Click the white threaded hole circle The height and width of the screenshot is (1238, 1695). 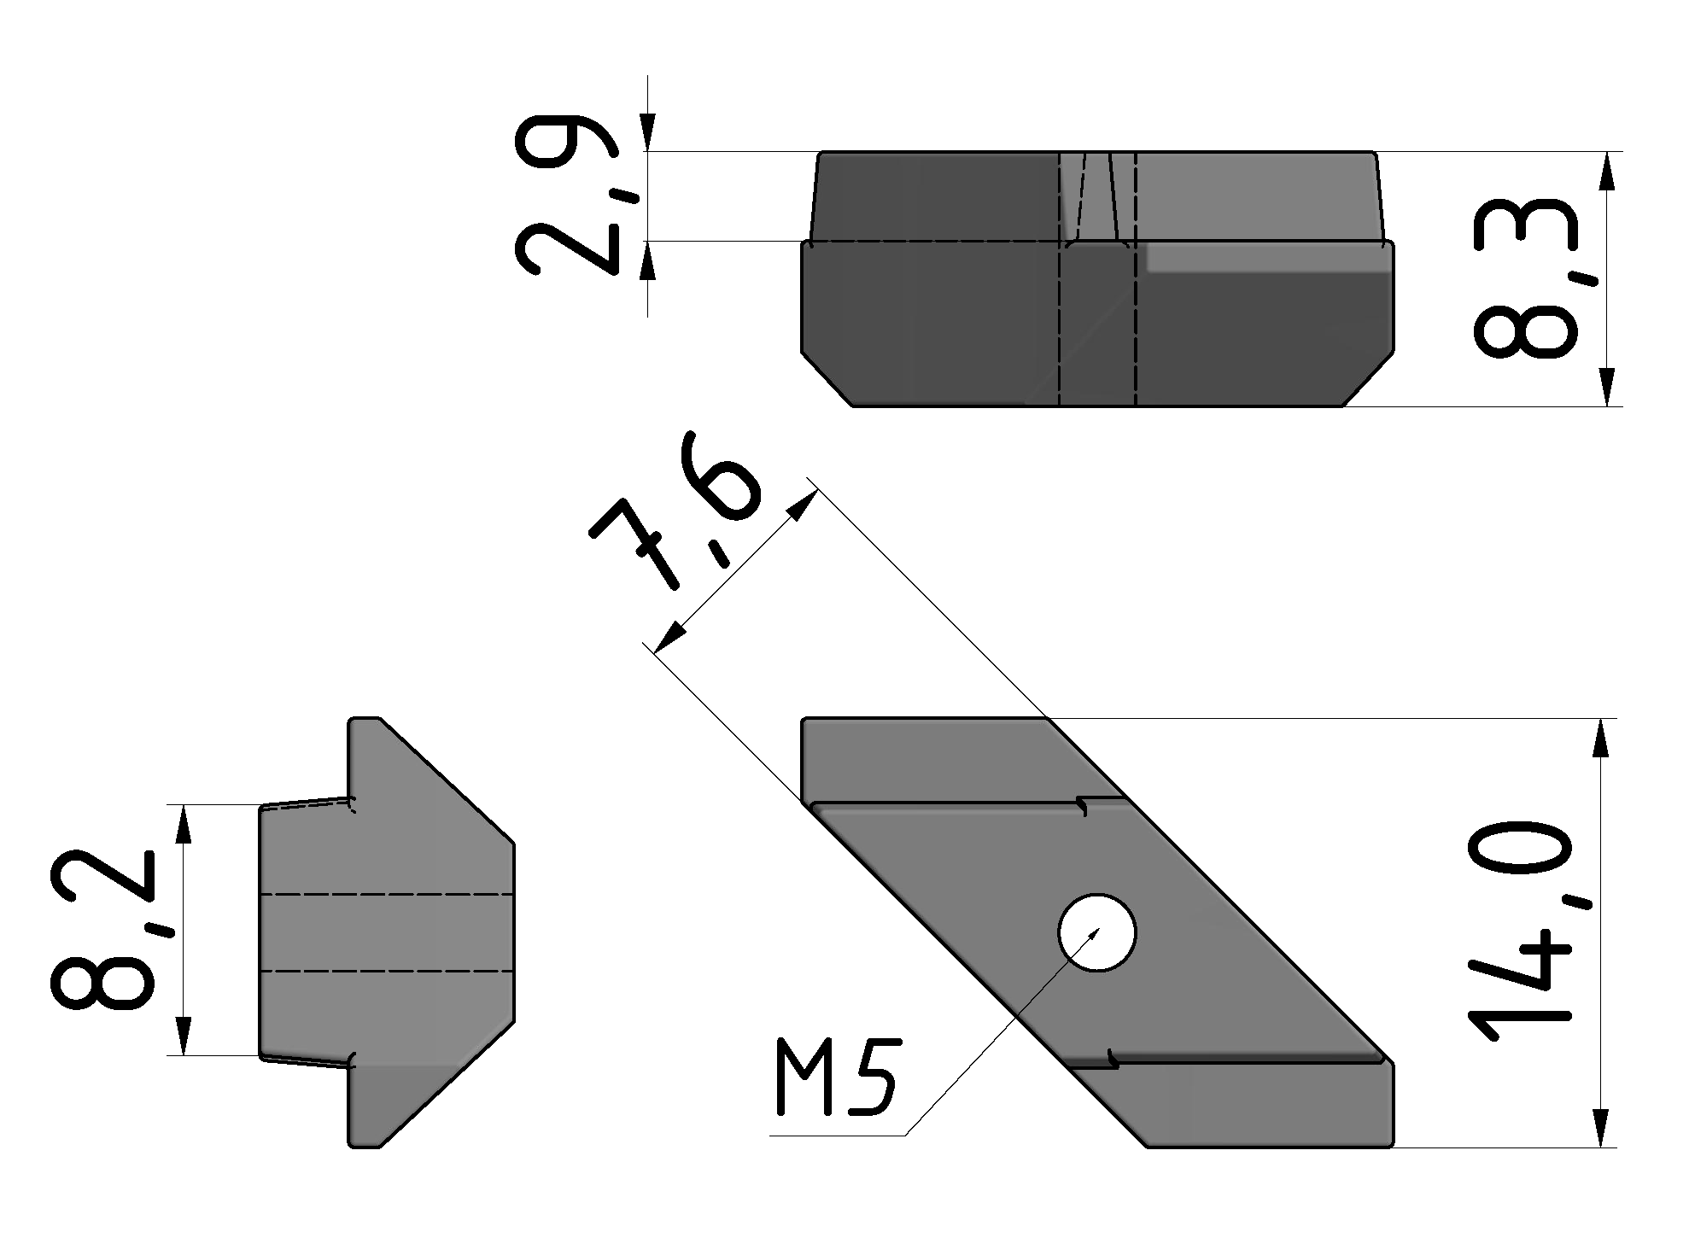coord(1096,932)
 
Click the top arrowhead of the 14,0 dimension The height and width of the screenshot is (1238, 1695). coord(1600,738)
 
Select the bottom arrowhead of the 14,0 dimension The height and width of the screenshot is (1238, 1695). coord(1600,1128)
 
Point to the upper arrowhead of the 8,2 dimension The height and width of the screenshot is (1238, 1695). coord(182,825)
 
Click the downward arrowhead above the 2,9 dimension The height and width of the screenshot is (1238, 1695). coord(648,132)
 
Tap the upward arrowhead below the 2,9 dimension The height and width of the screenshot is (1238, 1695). coord(648,260)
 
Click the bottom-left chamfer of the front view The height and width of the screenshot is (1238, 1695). coord(827,377)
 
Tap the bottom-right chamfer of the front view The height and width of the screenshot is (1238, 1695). coord(1368,377)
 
